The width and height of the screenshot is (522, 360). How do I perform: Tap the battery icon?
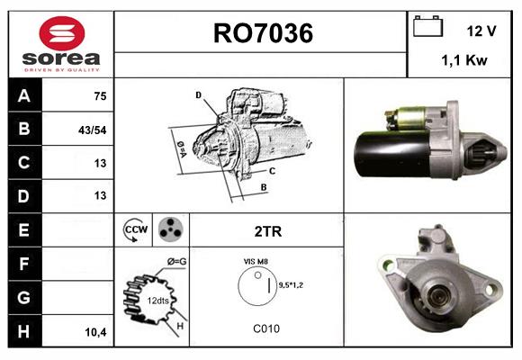[427, 27]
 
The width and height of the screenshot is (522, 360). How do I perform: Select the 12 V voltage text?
[481, 31]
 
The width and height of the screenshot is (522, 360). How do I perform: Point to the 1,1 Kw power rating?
[464, 60]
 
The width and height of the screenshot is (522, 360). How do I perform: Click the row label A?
[23, 95]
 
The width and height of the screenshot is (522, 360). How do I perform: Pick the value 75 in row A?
[99, 96]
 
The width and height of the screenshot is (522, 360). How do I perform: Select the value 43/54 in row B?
[94, 130]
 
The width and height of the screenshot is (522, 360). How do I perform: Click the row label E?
[23, 230]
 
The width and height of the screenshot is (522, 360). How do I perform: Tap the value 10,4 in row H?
[94, 331]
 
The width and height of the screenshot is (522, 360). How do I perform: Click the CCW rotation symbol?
[134, 230]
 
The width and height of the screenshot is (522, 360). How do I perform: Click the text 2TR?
[267, 231]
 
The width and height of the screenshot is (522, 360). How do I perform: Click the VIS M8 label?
[256, 260]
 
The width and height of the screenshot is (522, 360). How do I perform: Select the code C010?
[266, 328]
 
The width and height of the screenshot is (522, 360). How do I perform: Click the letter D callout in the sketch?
[198, 94]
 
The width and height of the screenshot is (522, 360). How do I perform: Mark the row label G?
[23, 297]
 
